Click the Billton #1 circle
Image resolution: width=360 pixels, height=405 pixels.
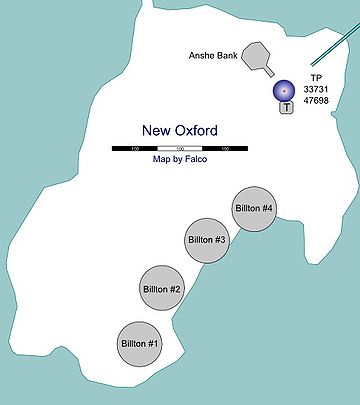(x=139, y=343)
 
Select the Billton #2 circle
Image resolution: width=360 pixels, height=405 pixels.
(x=161, y=289)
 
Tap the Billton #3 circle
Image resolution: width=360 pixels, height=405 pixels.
(x=207, y=240)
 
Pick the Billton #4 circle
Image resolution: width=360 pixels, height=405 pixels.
(x=253, y=208)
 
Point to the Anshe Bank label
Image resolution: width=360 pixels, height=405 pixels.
(x=212, y=57)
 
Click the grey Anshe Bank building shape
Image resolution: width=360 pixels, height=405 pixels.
(x=261, y=57)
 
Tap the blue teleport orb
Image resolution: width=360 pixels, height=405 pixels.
(x=286, y=91)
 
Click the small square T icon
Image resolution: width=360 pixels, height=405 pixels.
(x=286, y=108)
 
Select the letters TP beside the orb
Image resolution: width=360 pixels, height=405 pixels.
(x=317, y=78)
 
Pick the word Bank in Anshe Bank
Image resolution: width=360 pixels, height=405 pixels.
(x=225, y=57)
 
